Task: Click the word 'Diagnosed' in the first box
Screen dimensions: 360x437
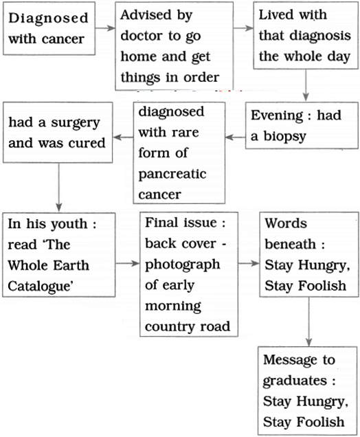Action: click(48, 18)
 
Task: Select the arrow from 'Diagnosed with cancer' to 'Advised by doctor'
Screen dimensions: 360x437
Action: click(105, 28)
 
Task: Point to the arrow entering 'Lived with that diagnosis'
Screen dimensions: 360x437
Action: click(243, 28)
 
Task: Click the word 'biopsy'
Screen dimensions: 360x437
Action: click(284, 137)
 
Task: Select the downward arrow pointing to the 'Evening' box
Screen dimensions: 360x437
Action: click(306, 85)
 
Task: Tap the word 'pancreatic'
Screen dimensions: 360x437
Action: click(172, 175)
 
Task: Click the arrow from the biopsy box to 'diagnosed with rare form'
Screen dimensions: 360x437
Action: click(236, 137)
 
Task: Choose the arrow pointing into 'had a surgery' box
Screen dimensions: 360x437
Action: click(123, 137)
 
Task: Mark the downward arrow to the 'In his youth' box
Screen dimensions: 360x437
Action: click(58, 188)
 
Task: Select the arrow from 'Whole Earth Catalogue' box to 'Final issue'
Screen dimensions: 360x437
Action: click(127, 263)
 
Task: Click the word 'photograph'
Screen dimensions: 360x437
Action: click(182, 265)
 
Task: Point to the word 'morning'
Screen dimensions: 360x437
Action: click(172, 306)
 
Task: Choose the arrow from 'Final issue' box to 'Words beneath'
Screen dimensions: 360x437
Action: click(249, 263)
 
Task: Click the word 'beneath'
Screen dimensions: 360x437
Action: click(290, 244)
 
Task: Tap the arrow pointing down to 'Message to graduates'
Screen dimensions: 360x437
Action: click(308, 322)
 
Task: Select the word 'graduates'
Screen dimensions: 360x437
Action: click(295, 381)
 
